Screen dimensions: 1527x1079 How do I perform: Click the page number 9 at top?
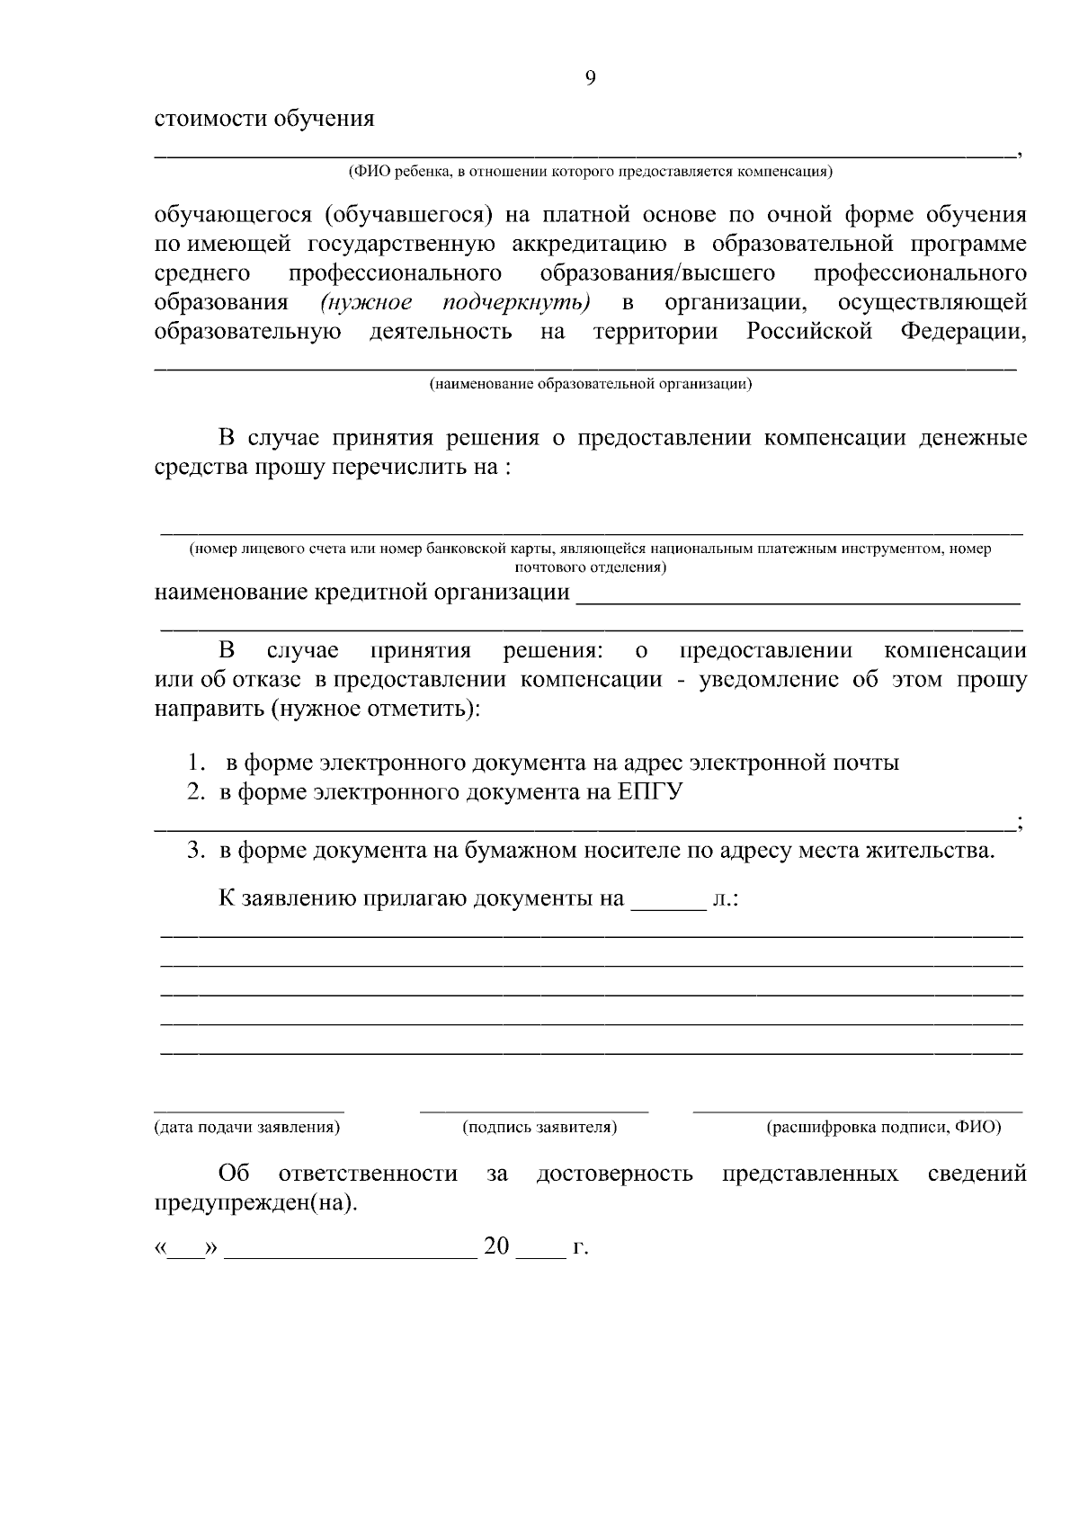pos(590,78)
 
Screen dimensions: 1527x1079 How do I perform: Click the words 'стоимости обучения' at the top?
pos(264,119)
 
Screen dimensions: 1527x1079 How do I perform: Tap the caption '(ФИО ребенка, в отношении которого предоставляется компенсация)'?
pos(590,172)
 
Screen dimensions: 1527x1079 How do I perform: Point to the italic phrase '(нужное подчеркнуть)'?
pos(455,302)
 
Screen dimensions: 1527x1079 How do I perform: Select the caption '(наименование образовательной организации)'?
pos(590,385)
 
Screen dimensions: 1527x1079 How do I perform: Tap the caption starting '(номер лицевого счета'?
pos(590,549)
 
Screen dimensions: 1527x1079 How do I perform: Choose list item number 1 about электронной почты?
pos(543,763)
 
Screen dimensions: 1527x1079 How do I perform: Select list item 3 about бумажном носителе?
pos(591,851)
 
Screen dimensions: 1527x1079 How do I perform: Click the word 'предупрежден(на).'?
pos(255,1204)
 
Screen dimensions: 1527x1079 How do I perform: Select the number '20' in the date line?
pos(496,1246)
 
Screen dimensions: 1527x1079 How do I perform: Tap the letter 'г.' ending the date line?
pos(580,1248)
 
